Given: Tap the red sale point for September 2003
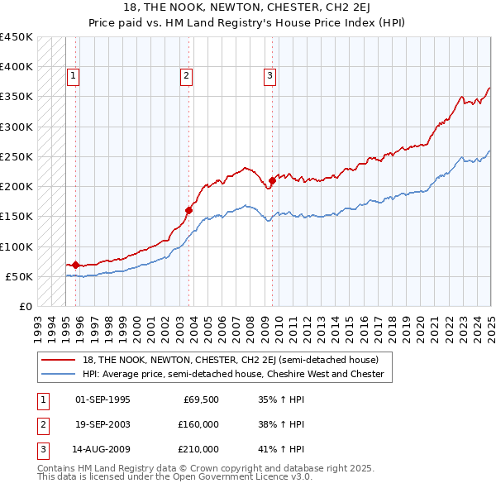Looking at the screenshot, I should (188, 210).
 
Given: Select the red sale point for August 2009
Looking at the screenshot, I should (272, 180).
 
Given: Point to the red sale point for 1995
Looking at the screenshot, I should (75, 265).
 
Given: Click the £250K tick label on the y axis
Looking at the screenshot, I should (16, 156).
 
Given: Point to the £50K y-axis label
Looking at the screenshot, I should (18, 276).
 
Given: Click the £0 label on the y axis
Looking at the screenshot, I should (26, 306).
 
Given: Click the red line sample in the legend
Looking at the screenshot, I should (59, 360).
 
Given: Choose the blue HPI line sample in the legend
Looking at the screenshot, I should (59, 374).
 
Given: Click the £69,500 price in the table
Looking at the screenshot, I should (201, 399).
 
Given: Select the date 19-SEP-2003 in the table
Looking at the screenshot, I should (102, 424).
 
